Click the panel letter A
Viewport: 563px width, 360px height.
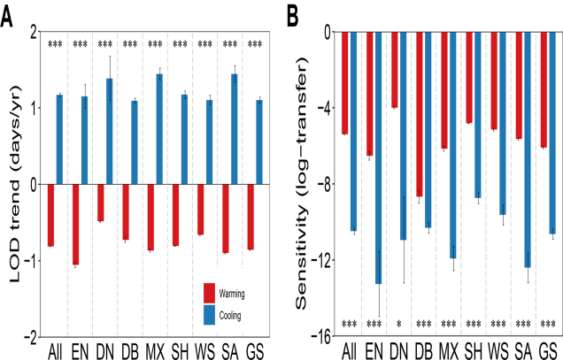point(8,13)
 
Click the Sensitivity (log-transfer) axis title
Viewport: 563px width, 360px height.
point(303,184)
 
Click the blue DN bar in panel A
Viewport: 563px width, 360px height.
point(110,132)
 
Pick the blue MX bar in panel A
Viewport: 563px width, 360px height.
point(159,129)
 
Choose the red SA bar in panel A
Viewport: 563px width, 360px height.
point(226,218)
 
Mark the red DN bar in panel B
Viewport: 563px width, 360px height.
point(394,70)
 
